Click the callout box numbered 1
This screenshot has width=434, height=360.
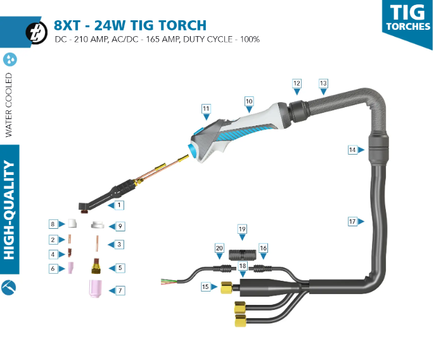pyautogui.click(x=119, y=205)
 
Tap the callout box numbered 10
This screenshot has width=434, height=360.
pyautogui.click(x=249, y=101)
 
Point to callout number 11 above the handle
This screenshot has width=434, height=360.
pyautogui.click(x=206, y=109)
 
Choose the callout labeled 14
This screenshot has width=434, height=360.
pyautogui.click(x=352, y=150)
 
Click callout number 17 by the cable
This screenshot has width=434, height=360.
pyautogui.click(x=352, y=221)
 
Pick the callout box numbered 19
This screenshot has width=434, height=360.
pyautogui.click(x=242, y=228)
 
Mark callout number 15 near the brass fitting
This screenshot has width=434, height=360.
pyautogui.click(x=205, y=286)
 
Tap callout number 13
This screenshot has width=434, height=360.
pyautogui.click(x=323, y=84)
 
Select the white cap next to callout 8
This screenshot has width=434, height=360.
pyautogui.click(x=73, y=224)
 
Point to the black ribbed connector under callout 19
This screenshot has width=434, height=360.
pyautogui.click(x=242, y=256)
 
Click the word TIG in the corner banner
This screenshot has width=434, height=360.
pyautogui.click(x=407, y=12)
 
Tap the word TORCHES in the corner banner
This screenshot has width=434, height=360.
pyautogui.click(x=407, y=27)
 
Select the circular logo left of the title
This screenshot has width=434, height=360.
pyautogui.click(x=35, y=32)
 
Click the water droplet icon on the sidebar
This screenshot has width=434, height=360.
pyautogui.click(x=10, y=60)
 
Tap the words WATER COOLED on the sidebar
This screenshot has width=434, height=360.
pyautogui.click(x=9, y=105)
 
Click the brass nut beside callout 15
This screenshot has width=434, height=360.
pyautogui.click(x=224, y=288)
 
